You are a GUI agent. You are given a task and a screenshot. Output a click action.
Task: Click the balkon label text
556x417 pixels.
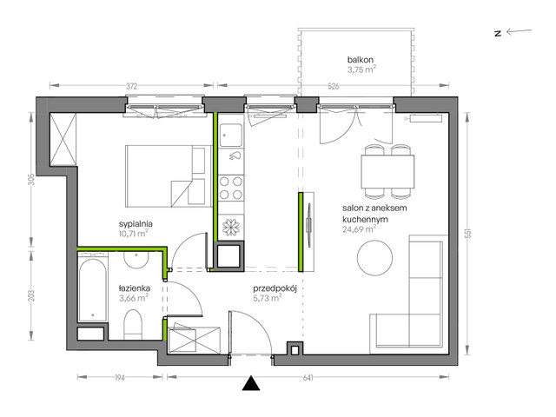pos(360,60)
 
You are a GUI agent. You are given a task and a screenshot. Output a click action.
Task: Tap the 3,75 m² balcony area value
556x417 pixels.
pos(361,69)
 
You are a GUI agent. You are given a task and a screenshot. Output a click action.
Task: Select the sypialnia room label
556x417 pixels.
pos(136,224)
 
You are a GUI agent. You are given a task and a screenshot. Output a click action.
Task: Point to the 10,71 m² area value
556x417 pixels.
pos(133,234)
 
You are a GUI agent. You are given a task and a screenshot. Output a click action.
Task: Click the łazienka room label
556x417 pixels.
pos(135,288)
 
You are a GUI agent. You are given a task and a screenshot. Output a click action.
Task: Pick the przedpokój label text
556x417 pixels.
pos(275,288)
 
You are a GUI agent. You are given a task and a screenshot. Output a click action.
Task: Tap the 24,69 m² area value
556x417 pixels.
pos(359,229)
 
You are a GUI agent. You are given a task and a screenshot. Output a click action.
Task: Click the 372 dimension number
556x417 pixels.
pos(131,86)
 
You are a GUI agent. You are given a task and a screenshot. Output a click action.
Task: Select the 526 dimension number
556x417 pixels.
pos(334,86)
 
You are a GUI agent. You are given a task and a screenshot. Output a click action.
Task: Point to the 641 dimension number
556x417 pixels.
pos(308,378)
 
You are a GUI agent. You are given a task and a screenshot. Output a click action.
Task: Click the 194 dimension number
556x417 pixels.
pos(120,378)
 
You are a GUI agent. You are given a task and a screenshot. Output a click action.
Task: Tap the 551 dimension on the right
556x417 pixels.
pos(468,233)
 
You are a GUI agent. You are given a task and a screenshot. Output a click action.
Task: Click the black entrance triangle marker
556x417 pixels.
pos(251,383)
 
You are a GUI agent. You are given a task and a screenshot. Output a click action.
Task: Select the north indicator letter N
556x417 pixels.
pos(498,34)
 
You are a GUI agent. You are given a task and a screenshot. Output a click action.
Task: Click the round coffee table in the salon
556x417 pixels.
pos(374,258)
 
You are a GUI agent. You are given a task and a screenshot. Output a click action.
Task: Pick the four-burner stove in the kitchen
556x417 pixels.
pos(231,188)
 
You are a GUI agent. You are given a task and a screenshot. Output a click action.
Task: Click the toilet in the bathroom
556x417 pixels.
pos(133,324)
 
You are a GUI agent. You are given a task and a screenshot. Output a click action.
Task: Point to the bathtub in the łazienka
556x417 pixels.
pos(93,290)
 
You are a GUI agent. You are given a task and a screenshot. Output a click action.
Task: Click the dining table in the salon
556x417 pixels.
pos(388,172)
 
